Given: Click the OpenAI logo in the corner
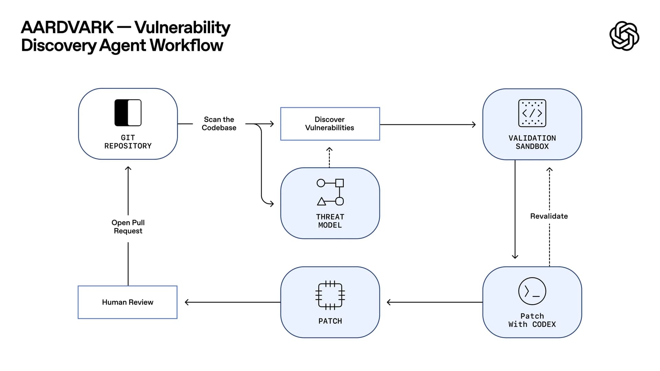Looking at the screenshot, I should click(624, 36).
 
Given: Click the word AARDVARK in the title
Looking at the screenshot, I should click(67, 27).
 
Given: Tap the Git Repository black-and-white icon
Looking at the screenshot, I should click(128, 113).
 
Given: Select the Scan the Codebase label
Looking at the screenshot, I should click(219, 124).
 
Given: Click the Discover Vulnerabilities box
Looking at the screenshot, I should click(330, 124).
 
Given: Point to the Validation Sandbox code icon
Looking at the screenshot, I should click(532, 113).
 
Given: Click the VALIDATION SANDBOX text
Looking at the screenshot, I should click(532, 142).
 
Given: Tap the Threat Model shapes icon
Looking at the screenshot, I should click(330, 192).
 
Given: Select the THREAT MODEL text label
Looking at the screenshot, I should click(330, 221).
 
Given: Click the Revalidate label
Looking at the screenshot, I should click(549, 216).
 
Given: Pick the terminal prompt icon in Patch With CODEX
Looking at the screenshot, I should click(532, 291).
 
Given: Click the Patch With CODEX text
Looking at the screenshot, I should click(532, 320).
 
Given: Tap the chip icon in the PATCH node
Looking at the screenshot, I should click(330, 295).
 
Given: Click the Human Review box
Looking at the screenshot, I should click(128, 302).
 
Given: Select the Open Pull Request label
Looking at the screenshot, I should click(128, 227).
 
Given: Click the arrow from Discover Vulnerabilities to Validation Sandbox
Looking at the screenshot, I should click(428, 124).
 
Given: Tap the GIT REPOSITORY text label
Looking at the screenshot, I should click(128, 142).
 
